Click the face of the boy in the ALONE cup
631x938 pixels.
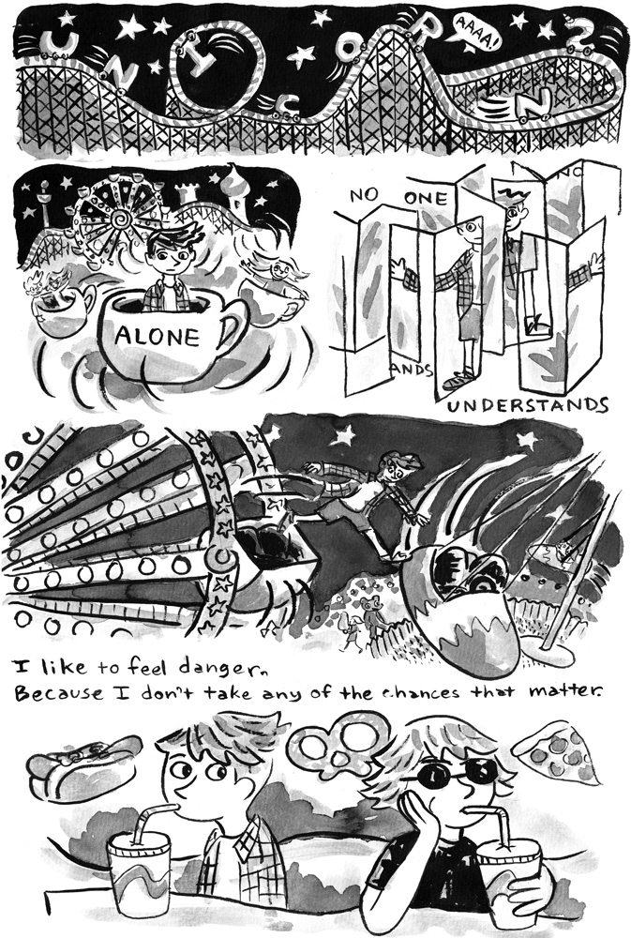click(x=168, y=259)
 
